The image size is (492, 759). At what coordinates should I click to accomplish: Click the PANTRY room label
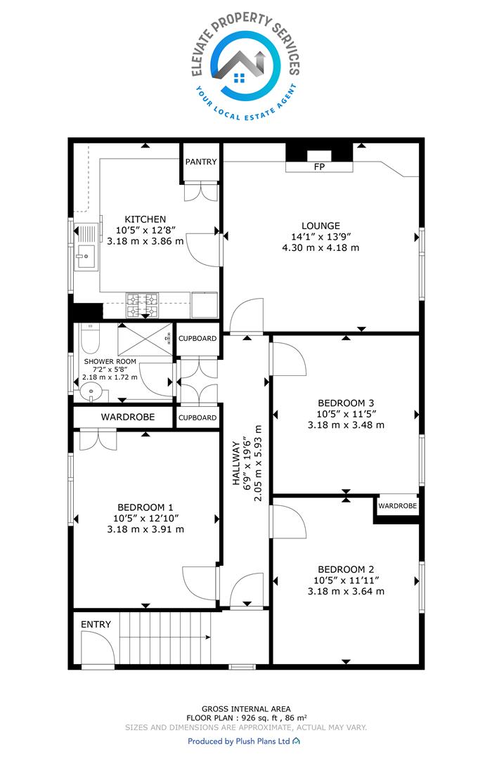click(201, 162)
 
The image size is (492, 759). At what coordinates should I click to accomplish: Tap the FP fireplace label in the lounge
click(319, 167)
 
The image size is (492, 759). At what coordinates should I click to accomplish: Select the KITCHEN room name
click(145, 219)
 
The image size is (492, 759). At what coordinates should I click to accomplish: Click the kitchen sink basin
click(86, 256)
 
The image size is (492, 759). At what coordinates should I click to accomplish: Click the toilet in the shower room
click(90, 339)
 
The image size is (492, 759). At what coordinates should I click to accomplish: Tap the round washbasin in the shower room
click(89, 391)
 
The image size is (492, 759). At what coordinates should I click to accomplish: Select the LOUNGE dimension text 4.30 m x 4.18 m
click(321, 248)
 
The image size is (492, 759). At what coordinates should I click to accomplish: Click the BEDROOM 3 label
click(346, 403)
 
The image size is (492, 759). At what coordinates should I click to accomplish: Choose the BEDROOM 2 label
click(346, 569)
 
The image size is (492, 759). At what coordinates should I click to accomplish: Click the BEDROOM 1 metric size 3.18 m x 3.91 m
click(145, 530)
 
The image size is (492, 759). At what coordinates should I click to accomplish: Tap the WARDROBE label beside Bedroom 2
click(398, 506)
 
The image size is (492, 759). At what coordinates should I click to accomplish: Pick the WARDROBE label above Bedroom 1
click(128, 417)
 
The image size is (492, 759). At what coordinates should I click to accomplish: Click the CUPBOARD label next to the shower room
click(198, 338)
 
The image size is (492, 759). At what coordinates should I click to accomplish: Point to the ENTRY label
click(96, 625)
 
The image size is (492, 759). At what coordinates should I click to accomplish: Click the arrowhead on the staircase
click(208, 637)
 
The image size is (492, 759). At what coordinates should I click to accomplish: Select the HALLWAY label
click(236, 462)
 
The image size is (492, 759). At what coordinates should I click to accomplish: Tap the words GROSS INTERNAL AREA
click(246, 709)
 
